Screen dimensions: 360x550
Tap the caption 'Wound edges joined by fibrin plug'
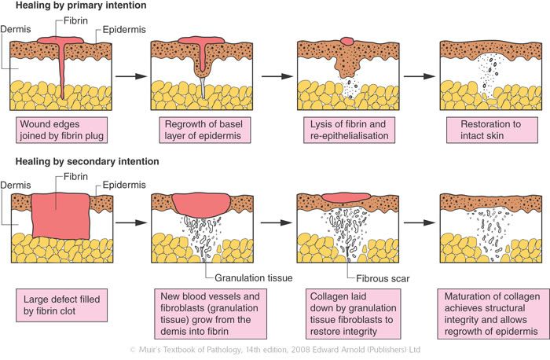(x=60, y=129)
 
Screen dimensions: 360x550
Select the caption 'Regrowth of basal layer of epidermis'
(x=201, y=129)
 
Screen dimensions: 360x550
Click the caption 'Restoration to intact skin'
(x=485, y=129)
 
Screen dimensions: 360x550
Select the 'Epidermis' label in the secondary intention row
(x=116, y=186)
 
